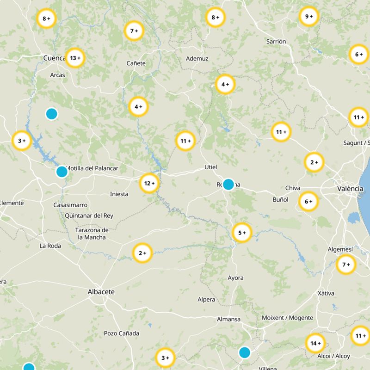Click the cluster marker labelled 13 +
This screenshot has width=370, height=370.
pyautogui.click(x=75, y=58)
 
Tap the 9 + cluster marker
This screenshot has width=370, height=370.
pyautogui.click(x=309, y=17)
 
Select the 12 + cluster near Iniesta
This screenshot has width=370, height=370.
pyautogui.click(x=149, y=183)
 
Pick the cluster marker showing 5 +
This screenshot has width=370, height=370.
pyautogui.click(x=242, y=233)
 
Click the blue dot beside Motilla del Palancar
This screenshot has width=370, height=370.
pyautogui.click(x=62, y=172)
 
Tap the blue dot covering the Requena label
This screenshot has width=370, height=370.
pyautogui.click(x=228, y=184)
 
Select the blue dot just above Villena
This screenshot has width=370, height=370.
pyautogui.click(x=245, y=352)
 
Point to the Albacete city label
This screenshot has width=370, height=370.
pyautogui.click(x=101, y=292)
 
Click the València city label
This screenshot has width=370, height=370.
pyautogui.click(x=350, y=189)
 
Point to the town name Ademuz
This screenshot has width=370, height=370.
pyautogui.click(x=197, y=59)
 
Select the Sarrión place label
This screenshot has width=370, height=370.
pyautogui.click(x=276, y=42)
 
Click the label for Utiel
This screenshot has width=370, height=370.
pyautogui.click(x=210, y=167)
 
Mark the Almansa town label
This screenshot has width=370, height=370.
pyautogui.click(x=229, y=319)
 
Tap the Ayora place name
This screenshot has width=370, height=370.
pyautogui.click(x=235, y=278)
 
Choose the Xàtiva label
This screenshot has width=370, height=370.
pyautogui.click(x=326, y=293)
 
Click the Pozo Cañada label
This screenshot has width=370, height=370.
pyautogui.click(x=121, y=333)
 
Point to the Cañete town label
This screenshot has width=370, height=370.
pyautogui.click(x=136, y=63)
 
